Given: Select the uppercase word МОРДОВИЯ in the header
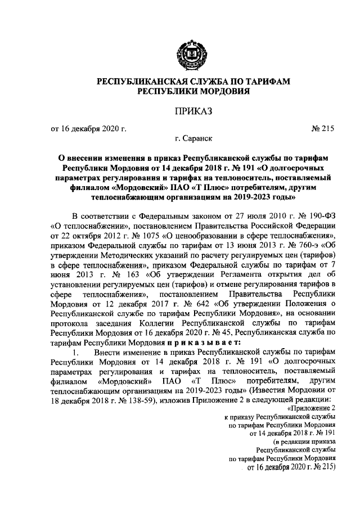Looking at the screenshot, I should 223,92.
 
